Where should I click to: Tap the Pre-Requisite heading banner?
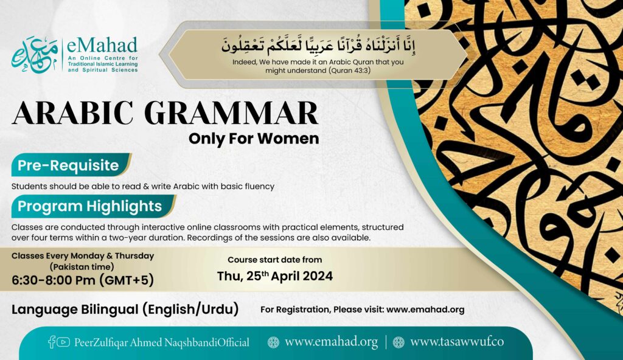tap(68, 165)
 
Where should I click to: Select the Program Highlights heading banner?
tap(89, 206)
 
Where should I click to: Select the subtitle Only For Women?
tap(254, 139)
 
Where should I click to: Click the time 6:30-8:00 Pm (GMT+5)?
tap(83, 280)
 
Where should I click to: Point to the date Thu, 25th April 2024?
tap(275, 276)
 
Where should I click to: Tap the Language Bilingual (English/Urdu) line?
tap(125, 310)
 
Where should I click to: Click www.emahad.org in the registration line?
tap(425, 310)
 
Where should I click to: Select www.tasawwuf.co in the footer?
tap(457, 342)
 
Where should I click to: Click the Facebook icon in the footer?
tap(52, 342)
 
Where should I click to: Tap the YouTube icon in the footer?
tap(63, 342)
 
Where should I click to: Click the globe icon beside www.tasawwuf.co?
tap(399, 342)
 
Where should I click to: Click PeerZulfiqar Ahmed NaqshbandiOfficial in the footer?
tap(162, 342)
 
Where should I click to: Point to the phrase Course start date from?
tap(275, 260)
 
